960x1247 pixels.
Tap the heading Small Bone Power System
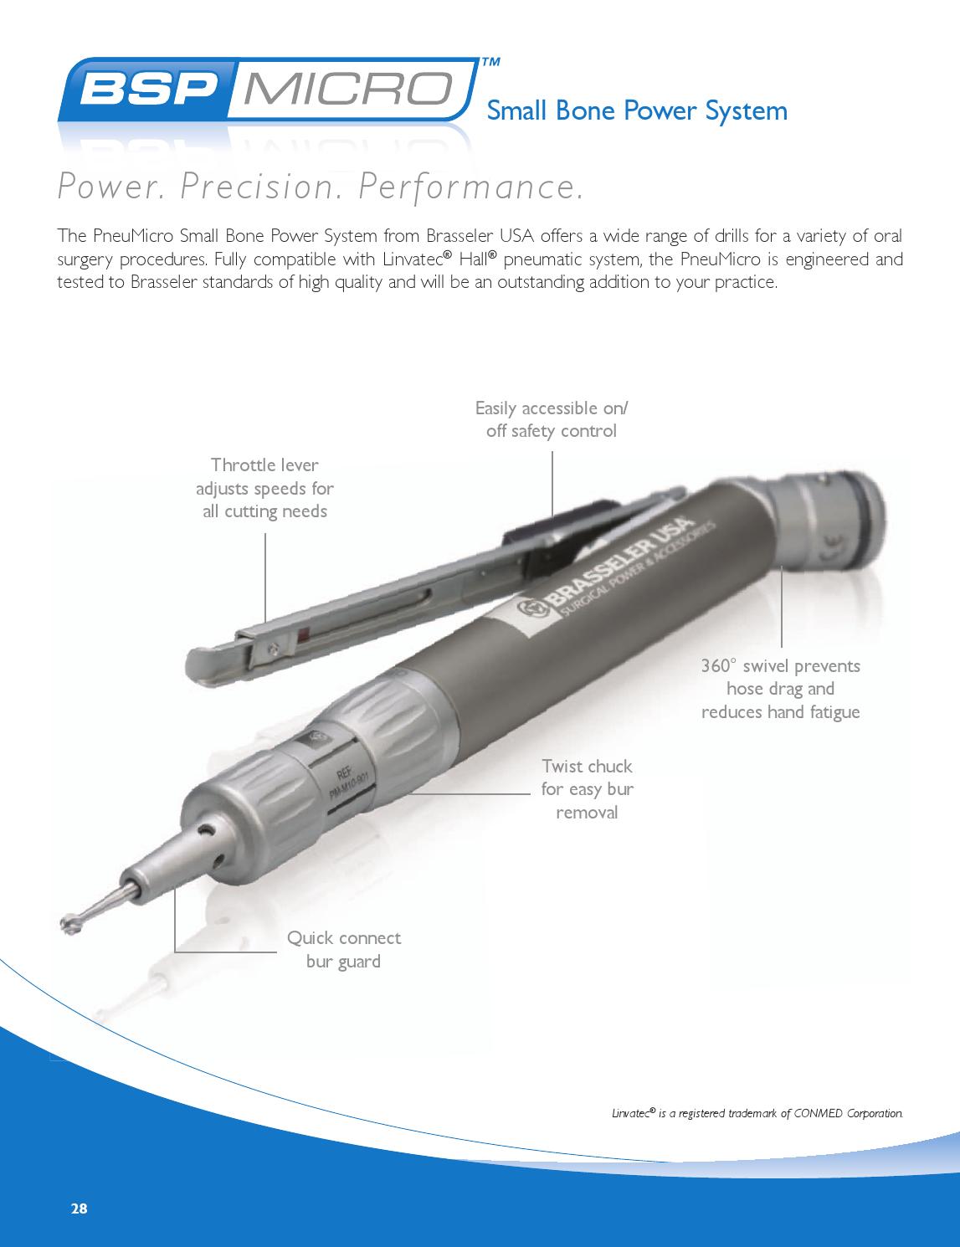click(636, 110)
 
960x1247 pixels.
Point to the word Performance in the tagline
click(470, 187)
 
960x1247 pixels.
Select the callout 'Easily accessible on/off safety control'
click(551, 419)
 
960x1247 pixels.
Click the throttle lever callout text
click(264, 488)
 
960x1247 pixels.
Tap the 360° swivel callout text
click(780, 689)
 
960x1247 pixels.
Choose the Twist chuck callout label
click(587, 789)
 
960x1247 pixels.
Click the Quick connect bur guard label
click(343, 949)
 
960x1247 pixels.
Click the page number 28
click(79, 1209)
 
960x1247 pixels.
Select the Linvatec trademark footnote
click(757, 1113)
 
